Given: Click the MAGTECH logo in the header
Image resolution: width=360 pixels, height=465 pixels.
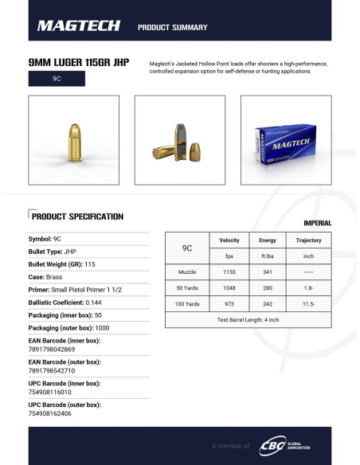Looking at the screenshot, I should coord(79,26).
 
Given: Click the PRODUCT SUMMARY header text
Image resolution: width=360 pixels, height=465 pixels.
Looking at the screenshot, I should coord(173,27).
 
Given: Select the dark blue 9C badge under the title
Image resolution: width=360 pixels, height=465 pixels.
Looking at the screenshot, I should coord(57,80).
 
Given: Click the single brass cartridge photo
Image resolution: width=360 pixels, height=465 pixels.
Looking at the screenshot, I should coord(74,140).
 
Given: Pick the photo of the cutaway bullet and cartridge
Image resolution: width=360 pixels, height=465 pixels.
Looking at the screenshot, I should coord(179,140).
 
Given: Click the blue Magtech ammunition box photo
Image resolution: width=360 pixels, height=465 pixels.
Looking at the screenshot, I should coord(285,140).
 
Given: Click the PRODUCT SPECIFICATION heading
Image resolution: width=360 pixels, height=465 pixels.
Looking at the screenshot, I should coord(77,216).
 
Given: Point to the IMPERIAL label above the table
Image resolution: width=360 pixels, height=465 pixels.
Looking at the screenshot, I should coord(317,223).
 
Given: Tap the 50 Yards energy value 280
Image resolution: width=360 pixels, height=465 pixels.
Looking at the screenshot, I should coord(268,288).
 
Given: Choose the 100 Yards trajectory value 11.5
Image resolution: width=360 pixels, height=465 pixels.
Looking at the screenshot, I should coord(308,304).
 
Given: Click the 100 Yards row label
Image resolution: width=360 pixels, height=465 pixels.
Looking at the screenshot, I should coord(187,304).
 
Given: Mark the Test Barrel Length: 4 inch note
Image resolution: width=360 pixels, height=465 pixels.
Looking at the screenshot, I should coord(248,319).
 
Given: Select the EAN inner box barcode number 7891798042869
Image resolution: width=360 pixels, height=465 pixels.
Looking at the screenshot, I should coord(53,349).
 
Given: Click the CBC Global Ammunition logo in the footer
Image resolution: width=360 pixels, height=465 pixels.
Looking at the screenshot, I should coord(285,446).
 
